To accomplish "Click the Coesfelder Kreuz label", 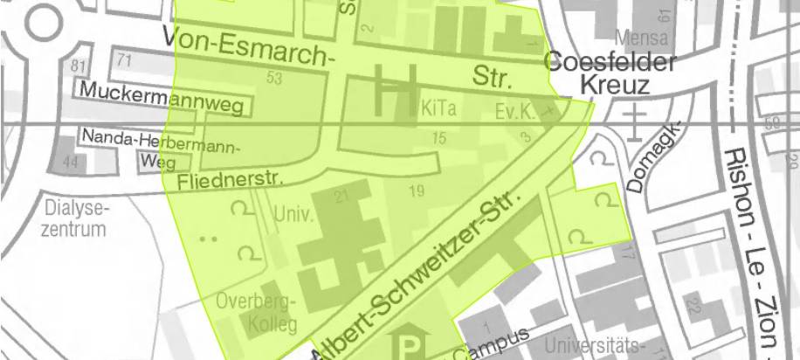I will click(610, 73).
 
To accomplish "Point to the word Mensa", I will click(640, 38).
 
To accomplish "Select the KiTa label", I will click(439, 111).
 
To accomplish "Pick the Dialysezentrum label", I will click(75, 218).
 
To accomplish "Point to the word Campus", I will click(497, 343).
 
